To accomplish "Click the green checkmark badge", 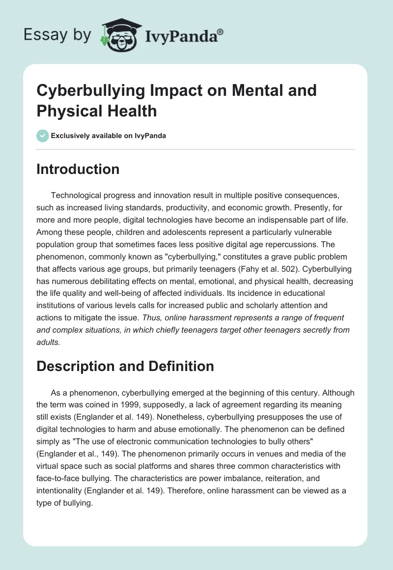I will [x=43, y=136].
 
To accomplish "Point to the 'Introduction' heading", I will [x=78, y=169].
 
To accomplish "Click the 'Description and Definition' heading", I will [x=125, y=366].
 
